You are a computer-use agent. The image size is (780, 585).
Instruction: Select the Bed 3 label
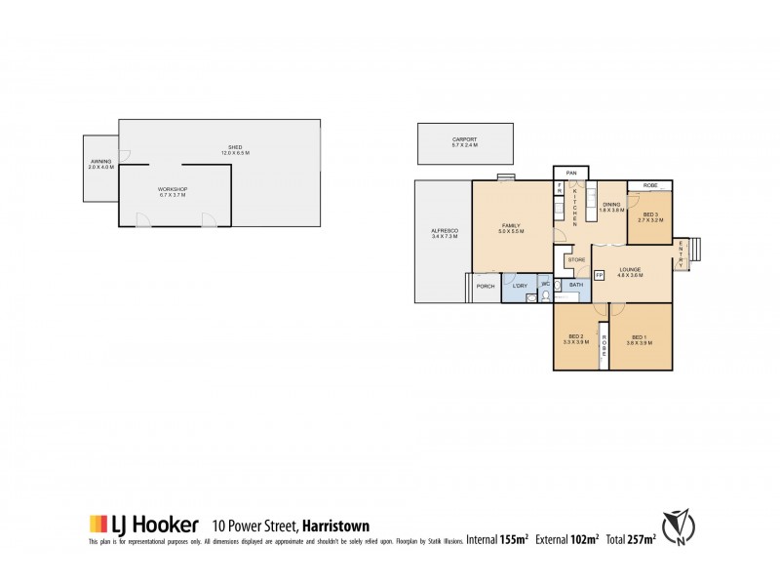coord(650,216)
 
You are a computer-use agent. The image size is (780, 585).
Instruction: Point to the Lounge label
coord(629,272)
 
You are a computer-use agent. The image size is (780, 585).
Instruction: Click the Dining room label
coord(611,207)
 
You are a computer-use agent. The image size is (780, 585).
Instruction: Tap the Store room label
coord(575,260)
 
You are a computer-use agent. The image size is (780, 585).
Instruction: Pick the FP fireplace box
coord(599,276)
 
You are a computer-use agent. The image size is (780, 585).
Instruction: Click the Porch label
coord(484,286)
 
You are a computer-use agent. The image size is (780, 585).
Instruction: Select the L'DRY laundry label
coord(520,286)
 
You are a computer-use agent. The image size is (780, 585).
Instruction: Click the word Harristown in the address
coord(340,524)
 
